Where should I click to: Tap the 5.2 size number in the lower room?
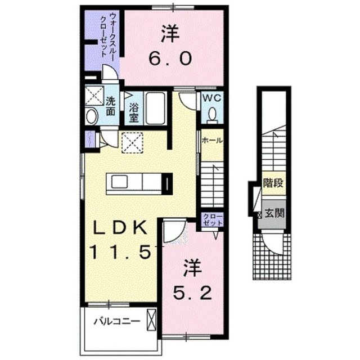tap(192, 292)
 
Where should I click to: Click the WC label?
tap(212, 98)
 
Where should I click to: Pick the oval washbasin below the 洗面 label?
tap(92, 117)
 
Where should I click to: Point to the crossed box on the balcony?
tap(151, 321)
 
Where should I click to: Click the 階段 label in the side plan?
tap(272, 183)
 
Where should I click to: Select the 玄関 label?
tap(273, 213)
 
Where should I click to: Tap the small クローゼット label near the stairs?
tap(213, 220)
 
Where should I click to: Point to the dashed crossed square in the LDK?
tap(133, 141)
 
